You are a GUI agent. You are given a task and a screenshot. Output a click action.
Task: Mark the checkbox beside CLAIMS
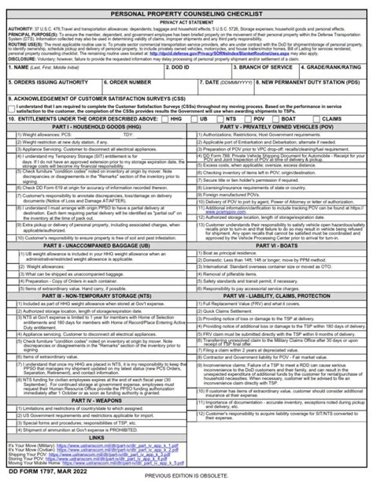point(323,119)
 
